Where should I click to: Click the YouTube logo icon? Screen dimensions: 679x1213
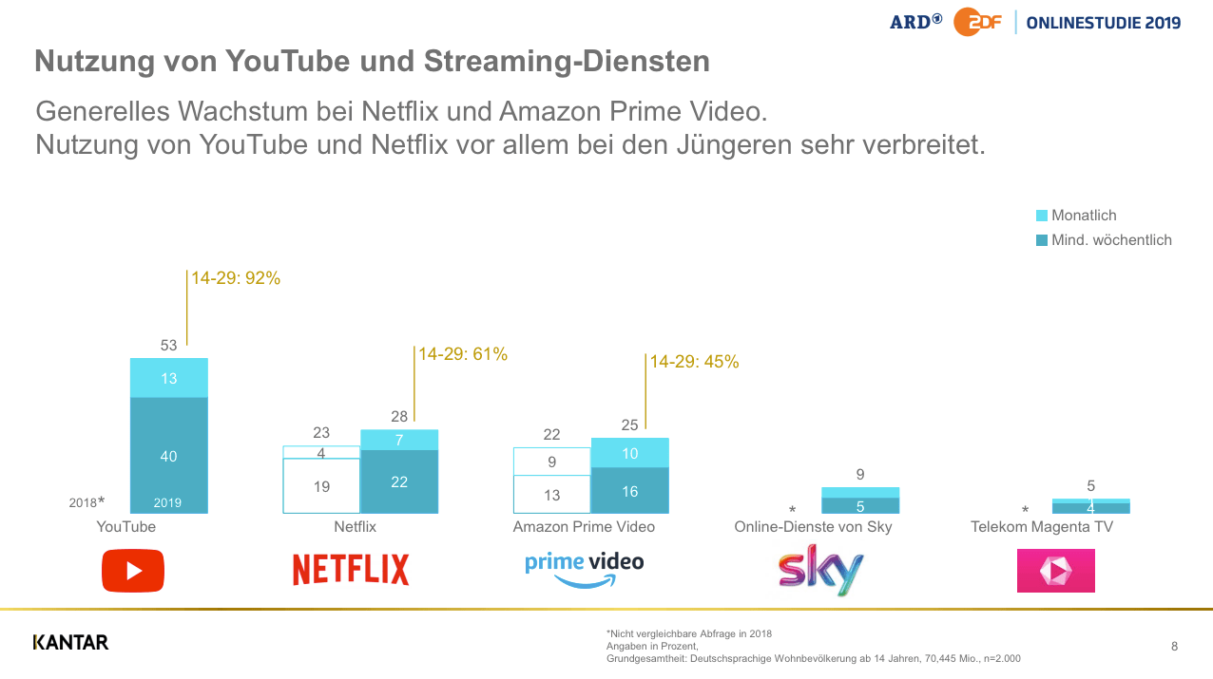pos(133,571)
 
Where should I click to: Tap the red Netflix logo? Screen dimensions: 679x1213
pos(351,570)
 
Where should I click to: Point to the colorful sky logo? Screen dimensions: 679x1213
pos(820,570)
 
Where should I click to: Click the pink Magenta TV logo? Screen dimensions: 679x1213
pos(1055,571)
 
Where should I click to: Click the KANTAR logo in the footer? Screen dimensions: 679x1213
pos(70,643)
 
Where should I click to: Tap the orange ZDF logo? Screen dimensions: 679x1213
pos(977,22)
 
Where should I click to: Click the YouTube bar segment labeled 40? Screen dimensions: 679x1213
pos(168,456)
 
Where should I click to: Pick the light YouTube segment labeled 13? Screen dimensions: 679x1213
pos(168,378)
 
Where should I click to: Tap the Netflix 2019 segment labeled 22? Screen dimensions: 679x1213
pos(399,481)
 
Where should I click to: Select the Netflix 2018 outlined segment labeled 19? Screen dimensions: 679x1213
pos(321,485)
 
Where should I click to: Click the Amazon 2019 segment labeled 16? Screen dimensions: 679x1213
pos(629,491)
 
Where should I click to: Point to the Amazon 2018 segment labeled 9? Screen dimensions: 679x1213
pos(551,462)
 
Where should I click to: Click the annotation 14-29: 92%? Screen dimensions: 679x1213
pos(236,279)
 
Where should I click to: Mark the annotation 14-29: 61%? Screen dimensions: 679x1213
pos(463,354)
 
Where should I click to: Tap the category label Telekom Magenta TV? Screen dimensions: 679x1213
pos(1041,526)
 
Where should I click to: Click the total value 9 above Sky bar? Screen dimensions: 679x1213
pos(860,474)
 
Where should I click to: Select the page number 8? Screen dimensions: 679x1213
pos(1174,647)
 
